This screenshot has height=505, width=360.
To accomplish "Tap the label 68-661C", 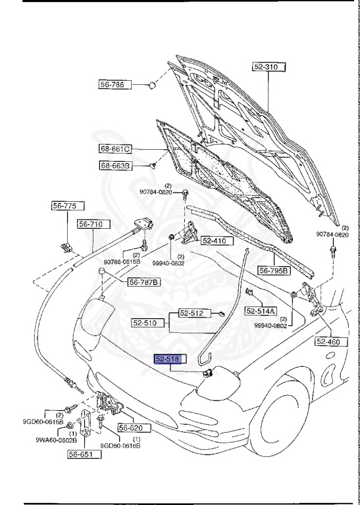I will [116, 148].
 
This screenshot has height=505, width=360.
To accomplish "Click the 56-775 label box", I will [64, 206].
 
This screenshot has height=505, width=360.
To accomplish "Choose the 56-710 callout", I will [91, 224].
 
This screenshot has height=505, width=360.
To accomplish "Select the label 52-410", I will [213, 241].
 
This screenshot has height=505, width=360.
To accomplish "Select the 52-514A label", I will [261, 310].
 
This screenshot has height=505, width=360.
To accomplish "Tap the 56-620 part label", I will [134, 427].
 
